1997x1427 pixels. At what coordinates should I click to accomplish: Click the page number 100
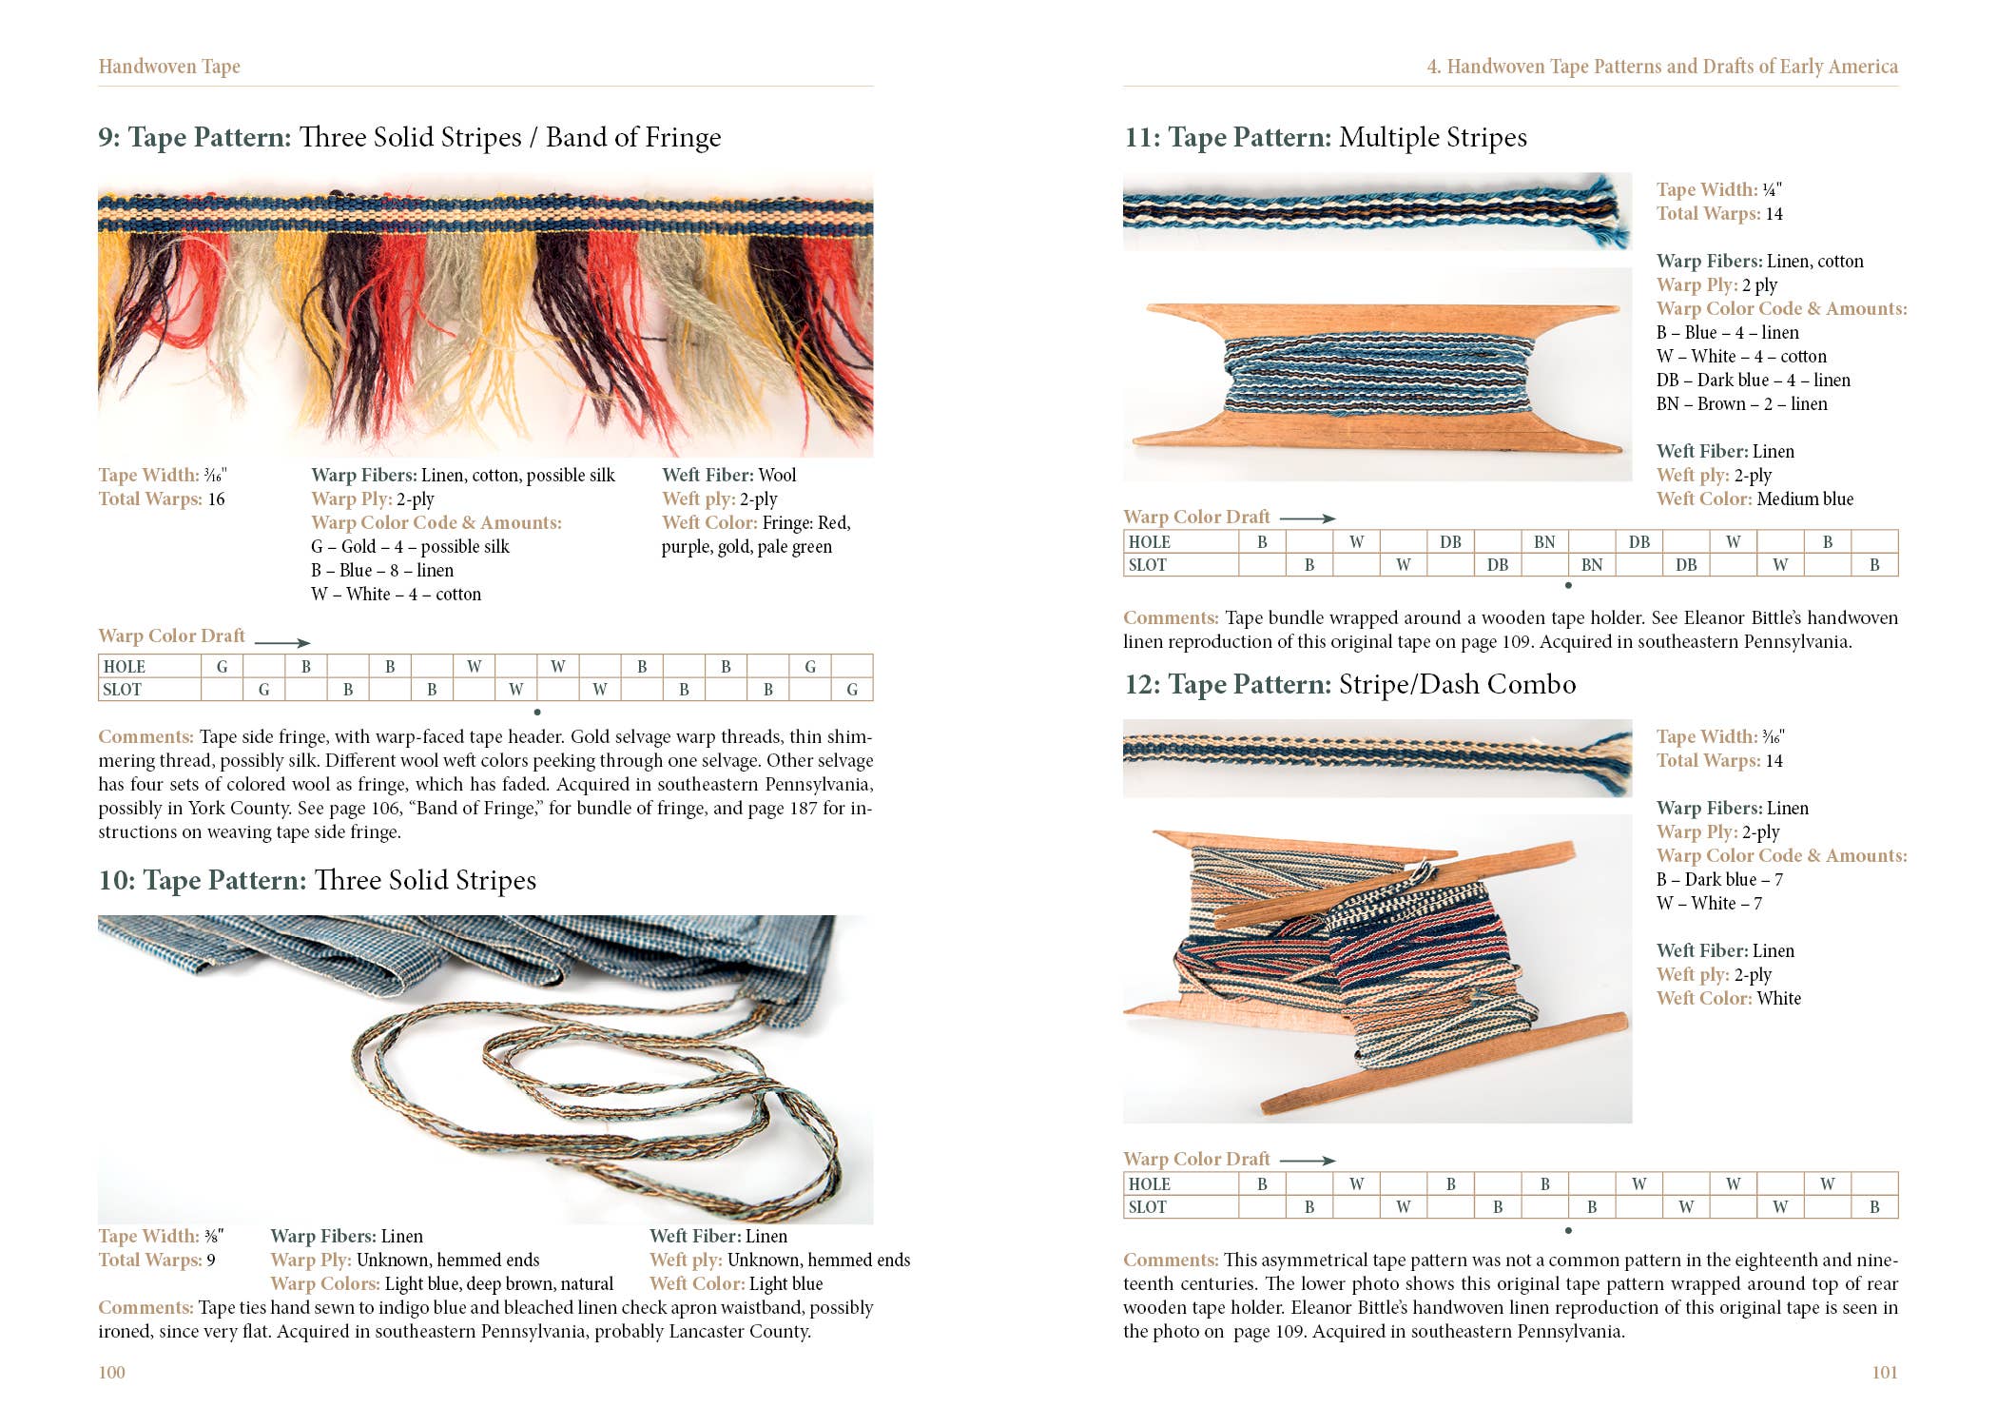point(111,1372)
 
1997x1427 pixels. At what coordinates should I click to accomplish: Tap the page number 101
point(1884,1372)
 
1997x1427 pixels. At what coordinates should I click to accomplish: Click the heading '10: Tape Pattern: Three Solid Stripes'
point(317,880)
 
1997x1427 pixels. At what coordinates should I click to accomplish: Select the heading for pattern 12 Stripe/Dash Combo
point(1349,684)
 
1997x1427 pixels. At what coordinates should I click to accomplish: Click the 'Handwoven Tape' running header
point(169,67)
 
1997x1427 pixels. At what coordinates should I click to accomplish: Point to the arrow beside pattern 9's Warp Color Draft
point(281,643)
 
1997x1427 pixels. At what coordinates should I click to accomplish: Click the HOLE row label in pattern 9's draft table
point(125,667)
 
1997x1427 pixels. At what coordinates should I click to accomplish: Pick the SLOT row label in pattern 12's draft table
point(1147,1207)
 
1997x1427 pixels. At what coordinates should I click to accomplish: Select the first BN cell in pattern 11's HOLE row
point(1544,541)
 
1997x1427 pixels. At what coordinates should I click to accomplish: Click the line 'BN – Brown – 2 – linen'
point(1741,403)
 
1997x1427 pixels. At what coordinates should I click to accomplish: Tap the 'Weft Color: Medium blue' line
point(1755,498)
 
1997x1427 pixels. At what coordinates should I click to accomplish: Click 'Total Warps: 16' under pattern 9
point(162,498)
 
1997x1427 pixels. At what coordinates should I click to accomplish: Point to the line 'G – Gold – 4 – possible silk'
point(410,546)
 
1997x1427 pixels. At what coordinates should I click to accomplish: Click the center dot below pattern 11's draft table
point(1568,585)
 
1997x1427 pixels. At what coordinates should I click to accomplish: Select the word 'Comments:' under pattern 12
point(1170,1260)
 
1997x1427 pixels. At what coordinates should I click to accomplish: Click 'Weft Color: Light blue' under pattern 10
point(735,1283)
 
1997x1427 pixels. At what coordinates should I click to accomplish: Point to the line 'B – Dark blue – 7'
point(1719,879)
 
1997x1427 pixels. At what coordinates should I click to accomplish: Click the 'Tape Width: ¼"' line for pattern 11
point(1717,189)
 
